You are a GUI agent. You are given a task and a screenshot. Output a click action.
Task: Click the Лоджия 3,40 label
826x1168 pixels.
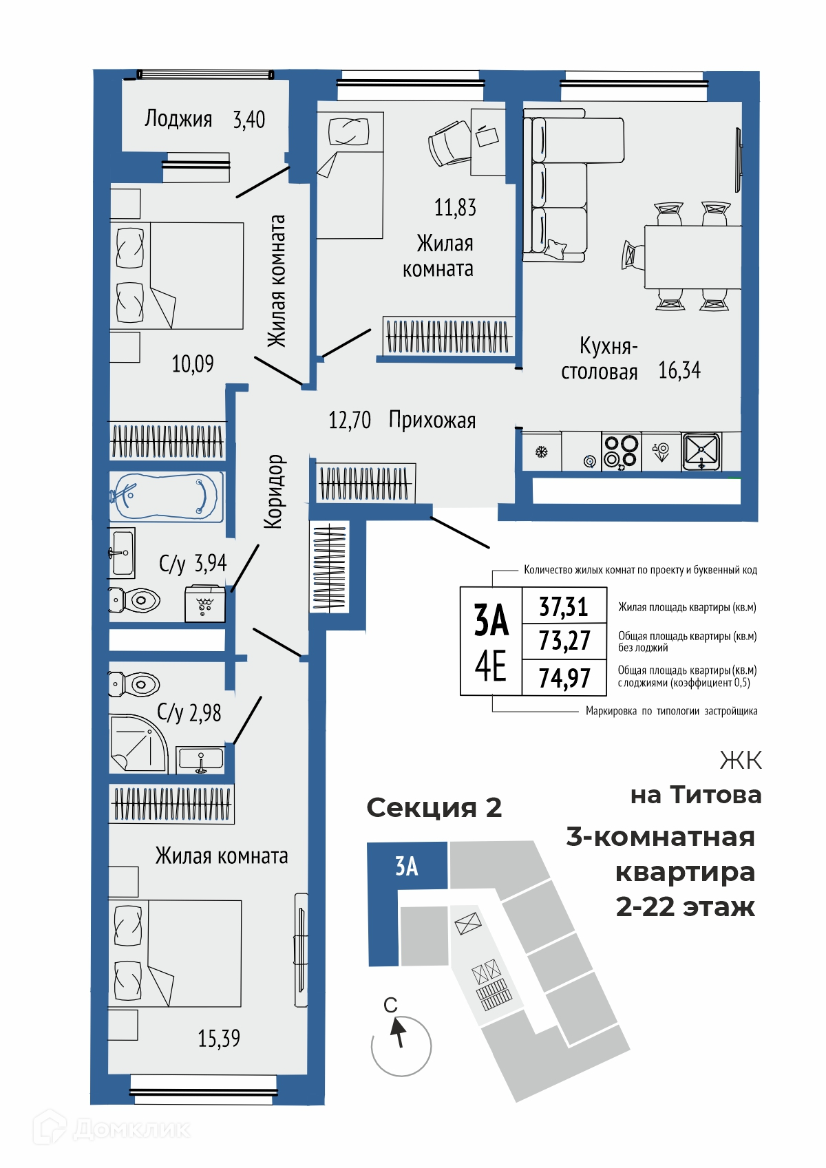click(x=204, y=119)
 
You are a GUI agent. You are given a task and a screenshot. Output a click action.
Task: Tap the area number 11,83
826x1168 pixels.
click(x=455, y=208)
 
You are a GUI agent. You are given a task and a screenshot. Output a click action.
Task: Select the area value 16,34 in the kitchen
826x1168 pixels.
click(x=679, y=370)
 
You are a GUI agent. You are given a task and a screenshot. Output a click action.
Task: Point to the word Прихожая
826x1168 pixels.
click(x=432, y=420)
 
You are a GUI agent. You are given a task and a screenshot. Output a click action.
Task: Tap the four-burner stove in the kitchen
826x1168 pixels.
click(x=621, y=452)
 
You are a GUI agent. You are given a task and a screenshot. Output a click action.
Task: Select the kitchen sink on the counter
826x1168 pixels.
click(x=701, y=452)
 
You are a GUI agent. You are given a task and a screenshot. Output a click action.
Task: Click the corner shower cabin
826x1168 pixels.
click(x=138, y=743)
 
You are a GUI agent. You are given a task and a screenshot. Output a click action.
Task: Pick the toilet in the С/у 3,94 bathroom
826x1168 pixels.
click(x=134, y=600)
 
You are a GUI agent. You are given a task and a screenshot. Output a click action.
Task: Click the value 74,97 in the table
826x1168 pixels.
click(x=564, y=678)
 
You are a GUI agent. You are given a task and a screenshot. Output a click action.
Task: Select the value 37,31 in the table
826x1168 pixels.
click(x=563, y=607)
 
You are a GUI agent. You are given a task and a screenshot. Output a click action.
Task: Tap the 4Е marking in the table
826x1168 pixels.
click(x=490, y=666)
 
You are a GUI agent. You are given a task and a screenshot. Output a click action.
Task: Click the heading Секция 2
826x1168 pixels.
click(x=434, y=808)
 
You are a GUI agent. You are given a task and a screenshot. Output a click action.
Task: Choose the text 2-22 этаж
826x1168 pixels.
click(x=685, y=906)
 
